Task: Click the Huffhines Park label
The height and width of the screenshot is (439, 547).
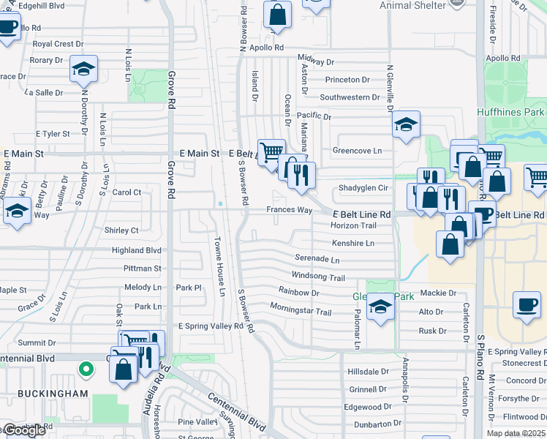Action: [x=511, y=112]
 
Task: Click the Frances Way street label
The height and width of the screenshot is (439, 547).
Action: [x=289, y=210]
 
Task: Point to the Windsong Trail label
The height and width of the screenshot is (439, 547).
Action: [x=318, y=277]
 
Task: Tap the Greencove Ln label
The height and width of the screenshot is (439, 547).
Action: [x=358, y=151]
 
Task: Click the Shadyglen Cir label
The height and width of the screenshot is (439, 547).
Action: [x=363, y=188]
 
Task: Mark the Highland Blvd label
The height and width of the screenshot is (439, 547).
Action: [x=136, y=249]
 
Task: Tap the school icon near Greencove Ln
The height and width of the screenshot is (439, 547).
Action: [x=406, y=124]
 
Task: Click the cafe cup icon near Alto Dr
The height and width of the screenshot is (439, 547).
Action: [x=527, y=304]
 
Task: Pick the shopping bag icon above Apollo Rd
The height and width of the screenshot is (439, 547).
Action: [x=278, y=14]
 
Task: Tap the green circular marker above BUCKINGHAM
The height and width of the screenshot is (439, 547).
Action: [x=86, y=369]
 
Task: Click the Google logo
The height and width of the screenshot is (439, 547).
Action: [x=23, y=430]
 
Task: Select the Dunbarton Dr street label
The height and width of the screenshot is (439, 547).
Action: [x=370, y=424]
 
